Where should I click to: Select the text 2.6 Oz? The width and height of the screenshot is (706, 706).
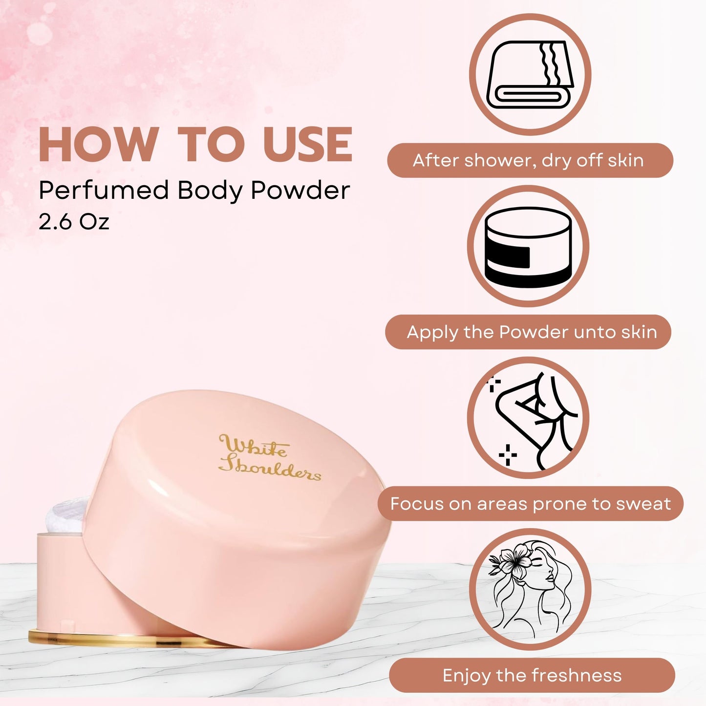74,222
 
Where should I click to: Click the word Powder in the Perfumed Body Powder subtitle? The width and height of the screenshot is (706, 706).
300,190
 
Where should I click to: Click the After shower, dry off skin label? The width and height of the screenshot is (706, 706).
530,160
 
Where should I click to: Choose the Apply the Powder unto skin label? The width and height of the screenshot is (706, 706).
528,332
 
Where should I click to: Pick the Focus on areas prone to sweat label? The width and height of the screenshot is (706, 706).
531,503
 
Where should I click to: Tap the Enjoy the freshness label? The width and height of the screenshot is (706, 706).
532,675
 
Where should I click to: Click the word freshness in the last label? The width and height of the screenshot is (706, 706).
577,675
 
